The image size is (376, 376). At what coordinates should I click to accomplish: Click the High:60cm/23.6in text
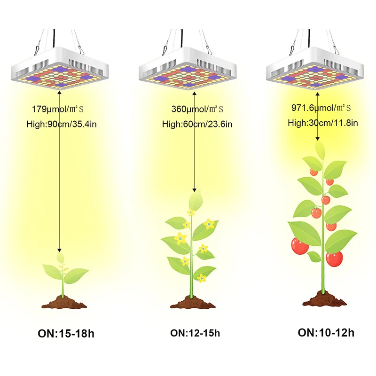(x=197, y=125)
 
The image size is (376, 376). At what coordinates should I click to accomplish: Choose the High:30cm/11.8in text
(x=322, y=123)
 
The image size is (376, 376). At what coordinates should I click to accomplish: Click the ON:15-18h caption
(x=66, y=334)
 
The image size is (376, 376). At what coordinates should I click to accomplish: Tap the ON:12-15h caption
(x=195, y=333)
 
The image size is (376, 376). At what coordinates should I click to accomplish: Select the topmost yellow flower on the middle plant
(x=191, y=212)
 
